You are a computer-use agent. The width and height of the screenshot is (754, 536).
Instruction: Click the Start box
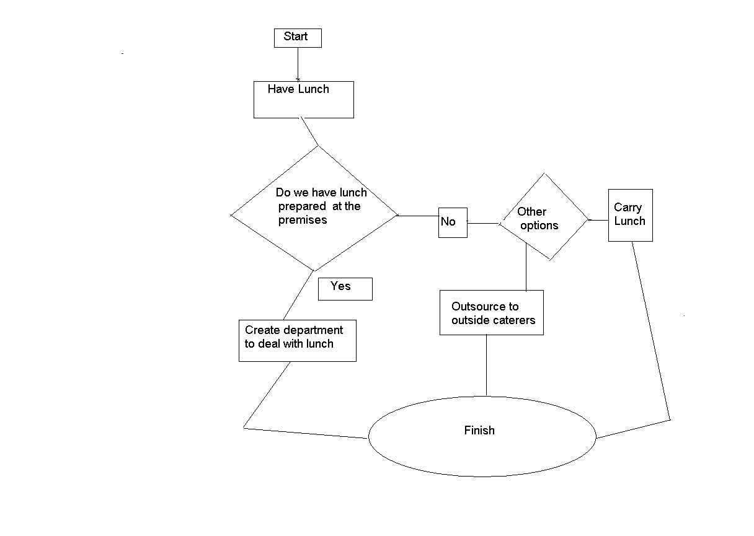(x=298, y=37)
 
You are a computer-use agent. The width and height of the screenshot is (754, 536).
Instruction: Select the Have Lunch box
(x=303, y=100)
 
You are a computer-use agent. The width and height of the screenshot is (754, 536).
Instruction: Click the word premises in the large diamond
(x=303, y=220)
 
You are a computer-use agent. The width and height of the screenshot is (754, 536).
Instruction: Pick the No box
(x=452, y=222)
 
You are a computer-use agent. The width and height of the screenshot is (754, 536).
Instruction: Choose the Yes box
(x=345, y=289)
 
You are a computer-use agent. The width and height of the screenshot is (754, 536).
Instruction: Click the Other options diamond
(x=544, y=217)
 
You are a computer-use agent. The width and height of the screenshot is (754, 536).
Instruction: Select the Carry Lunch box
(x=630, y=215)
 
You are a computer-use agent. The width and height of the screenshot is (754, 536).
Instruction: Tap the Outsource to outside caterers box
(x=491, y=313)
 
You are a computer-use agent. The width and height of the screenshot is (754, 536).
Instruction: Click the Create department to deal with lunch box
(x=297, y=340)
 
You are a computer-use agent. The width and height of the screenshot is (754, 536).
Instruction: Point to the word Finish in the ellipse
(x=479, y=431)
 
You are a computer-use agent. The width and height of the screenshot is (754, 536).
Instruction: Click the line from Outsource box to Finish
(x=486, y=366)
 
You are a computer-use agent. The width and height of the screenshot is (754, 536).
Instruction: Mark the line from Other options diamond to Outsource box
(x=526, y=266)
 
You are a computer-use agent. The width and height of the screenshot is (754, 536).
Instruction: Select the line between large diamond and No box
(x=418, y=216)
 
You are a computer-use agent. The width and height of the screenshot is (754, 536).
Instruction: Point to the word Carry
(x=628, y=208)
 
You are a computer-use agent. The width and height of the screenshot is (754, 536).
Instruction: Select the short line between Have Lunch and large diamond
(x=309, y=131)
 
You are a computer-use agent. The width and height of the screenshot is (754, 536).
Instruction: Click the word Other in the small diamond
(x=531, y=212)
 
